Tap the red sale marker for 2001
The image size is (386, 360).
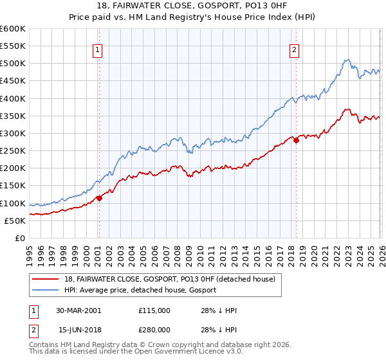[100, 198]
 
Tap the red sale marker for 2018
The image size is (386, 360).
[296, 140]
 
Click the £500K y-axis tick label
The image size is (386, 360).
[13, 63]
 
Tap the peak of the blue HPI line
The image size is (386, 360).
[346, 60]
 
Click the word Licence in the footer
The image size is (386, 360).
[169, 352]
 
